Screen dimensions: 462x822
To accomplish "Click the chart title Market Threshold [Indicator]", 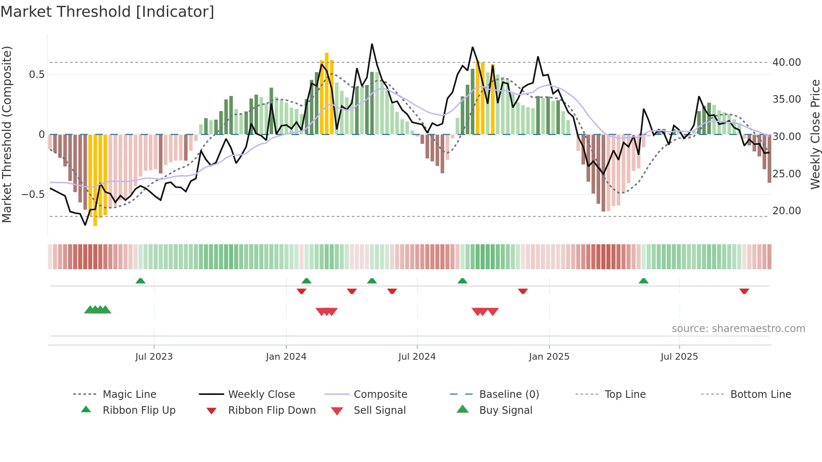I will point(107,12).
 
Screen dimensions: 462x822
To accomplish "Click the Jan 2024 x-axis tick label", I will point(286,357).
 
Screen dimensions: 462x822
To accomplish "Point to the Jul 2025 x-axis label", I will point(679,357).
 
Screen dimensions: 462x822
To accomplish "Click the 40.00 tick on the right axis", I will point(786,62).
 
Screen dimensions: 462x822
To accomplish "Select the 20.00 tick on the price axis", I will point(786,211).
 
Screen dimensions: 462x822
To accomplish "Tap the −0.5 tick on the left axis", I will point(33,195).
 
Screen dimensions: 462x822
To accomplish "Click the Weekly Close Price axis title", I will point(815,134).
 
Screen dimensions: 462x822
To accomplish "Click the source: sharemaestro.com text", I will point(738,329).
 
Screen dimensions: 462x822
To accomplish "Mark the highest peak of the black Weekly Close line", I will point(372,44).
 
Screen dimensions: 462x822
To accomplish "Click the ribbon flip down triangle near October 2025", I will point(744,291).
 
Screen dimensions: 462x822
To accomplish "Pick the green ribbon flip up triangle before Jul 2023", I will point(140,281).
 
